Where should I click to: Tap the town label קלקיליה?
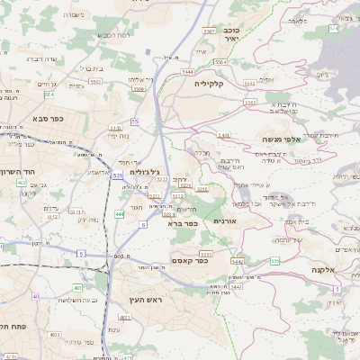(213, 83)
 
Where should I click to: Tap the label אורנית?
(224, 220)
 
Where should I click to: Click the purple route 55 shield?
(135, 121)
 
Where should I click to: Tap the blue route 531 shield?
(117, 176)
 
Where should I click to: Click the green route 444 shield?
(120, 214)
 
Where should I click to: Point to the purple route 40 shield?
(36, 296)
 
